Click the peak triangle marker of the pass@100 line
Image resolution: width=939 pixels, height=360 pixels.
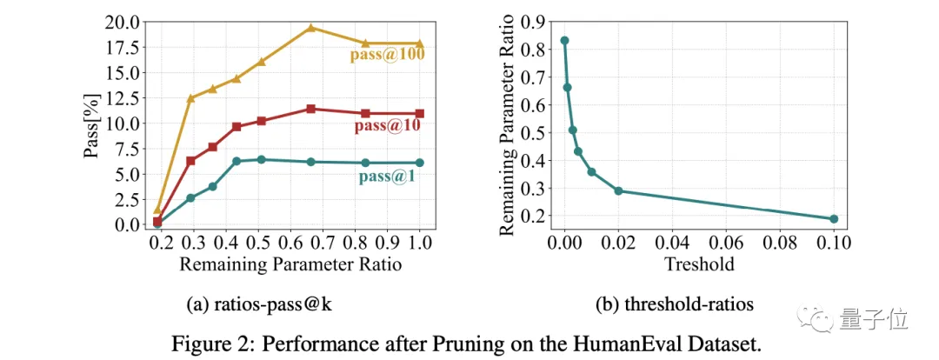[x=311, y=28]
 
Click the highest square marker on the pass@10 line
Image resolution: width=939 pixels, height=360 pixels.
[x=311, y=109]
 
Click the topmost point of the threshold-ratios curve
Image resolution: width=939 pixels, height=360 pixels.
[x=564, y=41]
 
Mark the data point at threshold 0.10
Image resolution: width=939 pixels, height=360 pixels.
[x=834, y=219]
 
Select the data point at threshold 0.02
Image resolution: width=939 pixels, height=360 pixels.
[x=618, y=190]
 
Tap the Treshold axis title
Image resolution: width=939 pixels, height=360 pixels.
[x=698, y=263]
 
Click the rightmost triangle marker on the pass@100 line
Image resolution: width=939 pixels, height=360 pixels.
[x=421, y=43]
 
